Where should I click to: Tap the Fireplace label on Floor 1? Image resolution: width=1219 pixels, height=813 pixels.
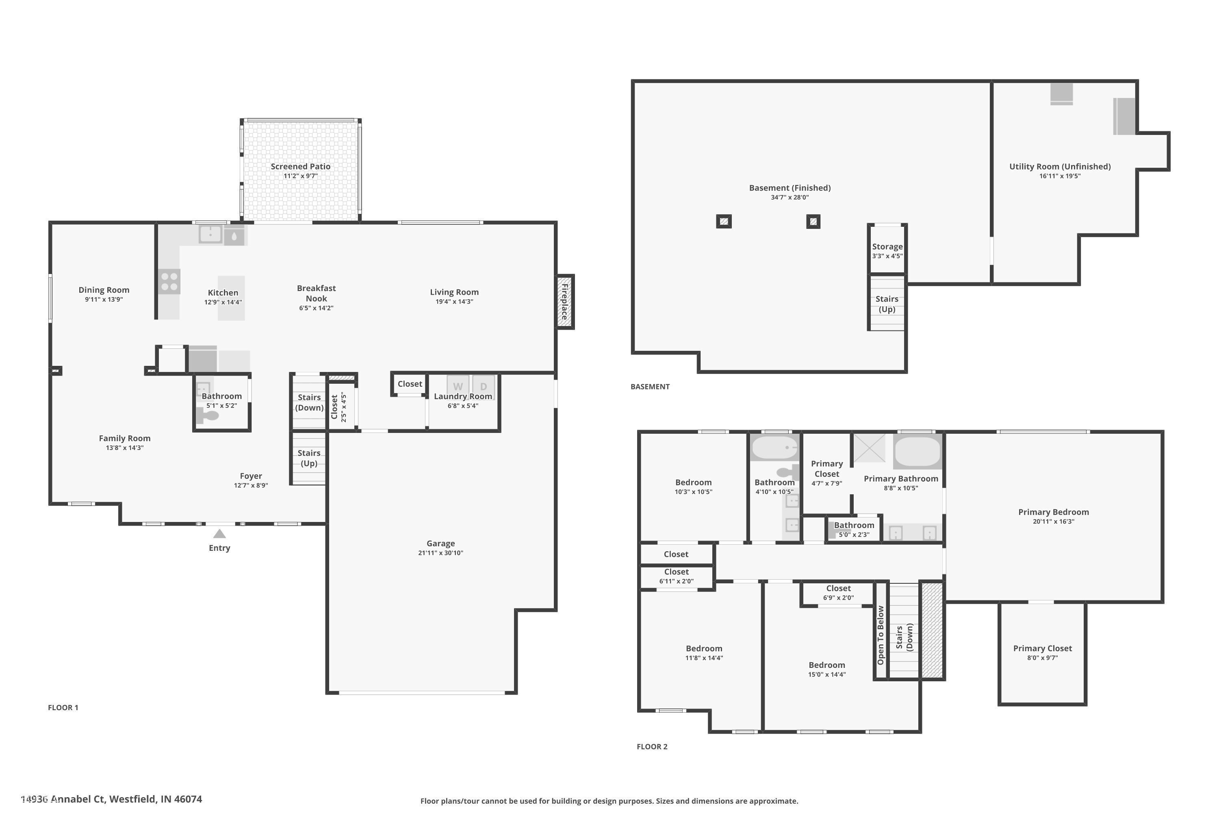click(x=564, y=301)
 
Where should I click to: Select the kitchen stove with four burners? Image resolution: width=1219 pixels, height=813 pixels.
click(x=169, y=282)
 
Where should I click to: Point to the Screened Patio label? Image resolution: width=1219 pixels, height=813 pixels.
click(x=300, y=166)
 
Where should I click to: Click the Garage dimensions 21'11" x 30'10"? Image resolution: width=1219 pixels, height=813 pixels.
click(x=440, y=553)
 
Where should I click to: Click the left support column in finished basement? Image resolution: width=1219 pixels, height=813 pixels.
click(x=724, y=222)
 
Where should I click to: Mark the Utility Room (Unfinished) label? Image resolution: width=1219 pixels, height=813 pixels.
click(x=1059, y=166)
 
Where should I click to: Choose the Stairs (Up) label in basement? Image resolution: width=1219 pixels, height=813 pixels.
click(x=886, y=304)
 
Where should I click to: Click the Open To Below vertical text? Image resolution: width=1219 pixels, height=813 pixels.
click(x=880, y=635)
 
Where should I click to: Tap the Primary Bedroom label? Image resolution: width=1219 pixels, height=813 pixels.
click(x=1053, y=512)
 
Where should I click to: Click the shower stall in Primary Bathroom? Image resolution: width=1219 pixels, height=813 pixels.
click(x=869, y=448)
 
